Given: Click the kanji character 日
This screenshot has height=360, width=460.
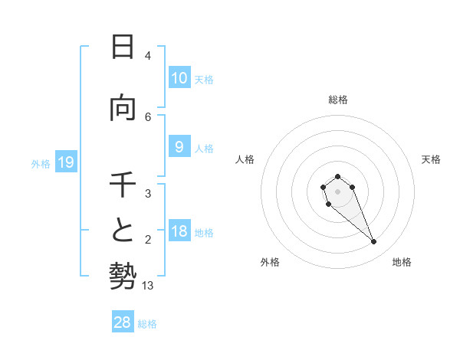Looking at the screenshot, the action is (122, 47).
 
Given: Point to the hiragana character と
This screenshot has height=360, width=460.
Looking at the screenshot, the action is (122, 230).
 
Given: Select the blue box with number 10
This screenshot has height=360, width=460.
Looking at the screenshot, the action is (179, 78).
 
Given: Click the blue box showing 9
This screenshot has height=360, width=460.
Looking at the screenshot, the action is (179, 148).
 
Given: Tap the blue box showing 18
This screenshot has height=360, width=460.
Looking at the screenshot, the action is (179, 232).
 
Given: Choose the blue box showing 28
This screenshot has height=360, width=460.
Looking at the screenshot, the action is (123, 322).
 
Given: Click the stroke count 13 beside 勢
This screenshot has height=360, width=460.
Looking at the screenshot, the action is (148, 286).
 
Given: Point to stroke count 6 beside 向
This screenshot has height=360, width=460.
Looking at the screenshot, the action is (148, 116).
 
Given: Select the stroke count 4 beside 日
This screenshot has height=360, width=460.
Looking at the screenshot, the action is (148, 56).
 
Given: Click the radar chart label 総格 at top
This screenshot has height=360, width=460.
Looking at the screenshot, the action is (338, 100).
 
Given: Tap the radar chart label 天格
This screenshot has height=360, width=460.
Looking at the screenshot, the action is (431, 159).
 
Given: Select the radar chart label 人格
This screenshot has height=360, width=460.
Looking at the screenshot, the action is (245, 159).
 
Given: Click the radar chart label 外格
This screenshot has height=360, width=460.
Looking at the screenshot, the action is (270, 262).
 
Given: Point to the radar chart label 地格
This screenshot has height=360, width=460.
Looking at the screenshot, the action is (402, 262).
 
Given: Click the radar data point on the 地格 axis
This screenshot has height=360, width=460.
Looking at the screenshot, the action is (373, 242).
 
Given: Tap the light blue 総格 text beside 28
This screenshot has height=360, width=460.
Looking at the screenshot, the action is (147, 324).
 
